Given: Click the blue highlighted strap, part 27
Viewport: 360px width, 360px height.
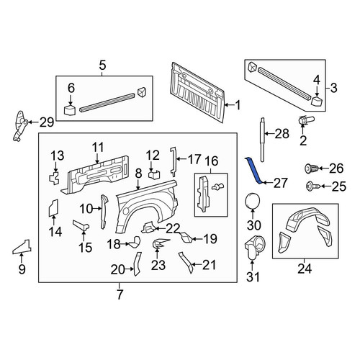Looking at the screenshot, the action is pyautogui.click(x=254, y=171).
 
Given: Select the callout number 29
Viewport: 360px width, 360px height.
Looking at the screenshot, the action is pyautogui.click(x=47, y=122).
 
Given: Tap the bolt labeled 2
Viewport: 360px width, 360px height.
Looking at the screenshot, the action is pyautogui.click(x=305, y=120).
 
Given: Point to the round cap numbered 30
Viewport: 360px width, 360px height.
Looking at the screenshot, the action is pyautogui.click(x=253, y=201).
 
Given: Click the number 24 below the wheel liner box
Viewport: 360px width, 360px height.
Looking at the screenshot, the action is pyautogui.click(x=305, y=269).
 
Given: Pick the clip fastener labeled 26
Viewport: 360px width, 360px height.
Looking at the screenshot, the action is pyautogui.click(x=312, y=168).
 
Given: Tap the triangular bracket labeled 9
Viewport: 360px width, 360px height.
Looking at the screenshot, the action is pyautogui.click(x=22, y=247).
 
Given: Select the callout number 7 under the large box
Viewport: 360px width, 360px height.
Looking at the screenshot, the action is pyautogui.click(x=120, y=294).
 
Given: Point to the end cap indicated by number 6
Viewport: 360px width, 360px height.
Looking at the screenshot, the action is pyautogui.click(x=70, y=109).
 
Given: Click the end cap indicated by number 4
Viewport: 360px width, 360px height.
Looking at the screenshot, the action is pyautogui.click(x=317, y=100).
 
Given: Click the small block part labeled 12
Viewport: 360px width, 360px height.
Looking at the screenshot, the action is pyautogui.click(x=154, y=174).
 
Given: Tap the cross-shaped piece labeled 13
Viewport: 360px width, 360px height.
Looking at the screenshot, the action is pyautogui.click(x=54, y=178).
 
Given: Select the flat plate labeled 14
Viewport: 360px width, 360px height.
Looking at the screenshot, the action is pyautogui.click(x=53, y=208).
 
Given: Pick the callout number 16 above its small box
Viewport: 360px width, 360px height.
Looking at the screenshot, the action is pyautogui.click(x=212, y=161).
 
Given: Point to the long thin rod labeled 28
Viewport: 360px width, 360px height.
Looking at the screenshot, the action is pyautogui.click(x=262, y=140).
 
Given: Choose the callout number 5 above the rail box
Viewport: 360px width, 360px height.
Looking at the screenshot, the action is pyautogui.click(x=102, y=66).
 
